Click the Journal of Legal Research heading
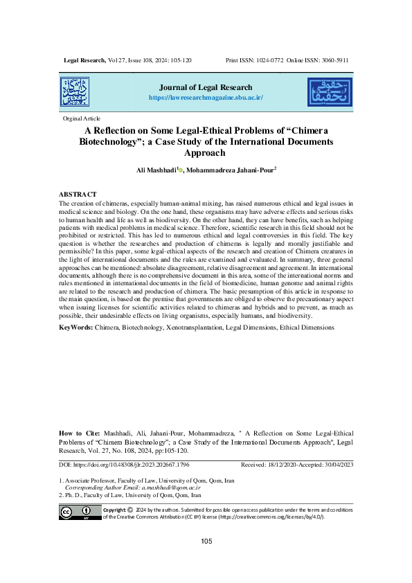pos(205,88)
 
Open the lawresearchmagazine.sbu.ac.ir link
pos(205,98)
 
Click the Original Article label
pos(82,119)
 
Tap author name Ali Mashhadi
pos(156,169)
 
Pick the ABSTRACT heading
pos(78,194)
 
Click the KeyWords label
pos(75,325)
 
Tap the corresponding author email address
pos(157,487)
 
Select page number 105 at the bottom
pos(206,541)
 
